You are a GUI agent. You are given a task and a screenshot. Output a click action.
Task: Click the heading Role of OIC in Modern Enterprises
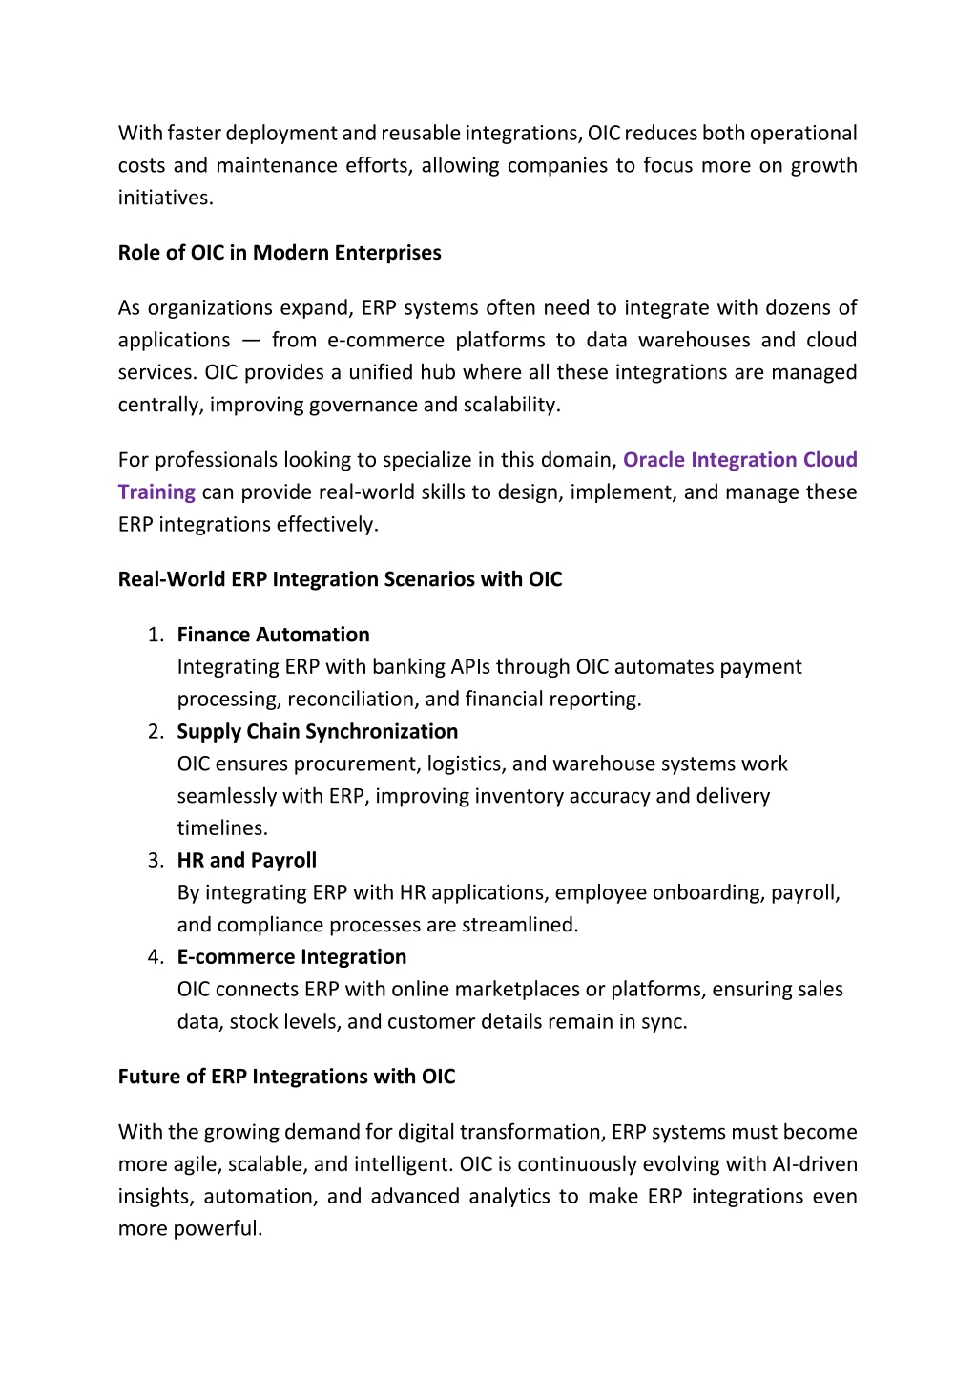280,253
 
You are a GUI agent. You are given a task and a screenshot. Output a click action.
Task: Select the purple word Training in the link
156,492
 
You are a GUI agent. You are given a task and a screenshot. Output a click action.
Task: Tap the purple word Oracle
654,460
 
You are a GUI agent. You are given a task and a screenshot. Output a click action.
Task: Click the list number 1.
156,636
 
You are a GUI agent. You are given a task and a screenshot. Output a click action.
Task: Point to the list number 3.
156,861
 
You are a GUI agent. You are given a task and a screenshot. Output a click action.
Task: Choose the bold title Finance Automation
273,636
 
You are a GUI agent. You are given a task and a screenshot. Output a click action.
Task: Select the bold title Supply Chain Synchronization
317,732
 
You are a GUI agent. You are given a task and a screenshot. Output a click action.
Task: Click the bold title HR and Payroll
246,861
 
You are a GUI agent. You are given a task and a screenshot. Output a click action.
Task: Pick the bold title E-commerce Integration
291,957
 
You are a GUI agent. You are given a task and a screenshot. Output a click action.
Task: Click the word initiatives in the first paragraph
164,199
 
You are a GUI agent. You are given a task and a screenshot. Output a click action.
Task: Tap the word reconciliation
352,700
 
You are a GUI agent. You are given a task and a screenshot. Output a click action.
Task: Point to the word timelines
221,828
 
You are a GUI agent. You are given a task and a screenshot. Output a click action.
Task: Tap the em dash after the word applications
251,341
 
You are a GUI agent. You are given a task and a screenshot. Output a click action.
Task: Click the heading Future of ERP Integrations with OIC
286,1078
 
